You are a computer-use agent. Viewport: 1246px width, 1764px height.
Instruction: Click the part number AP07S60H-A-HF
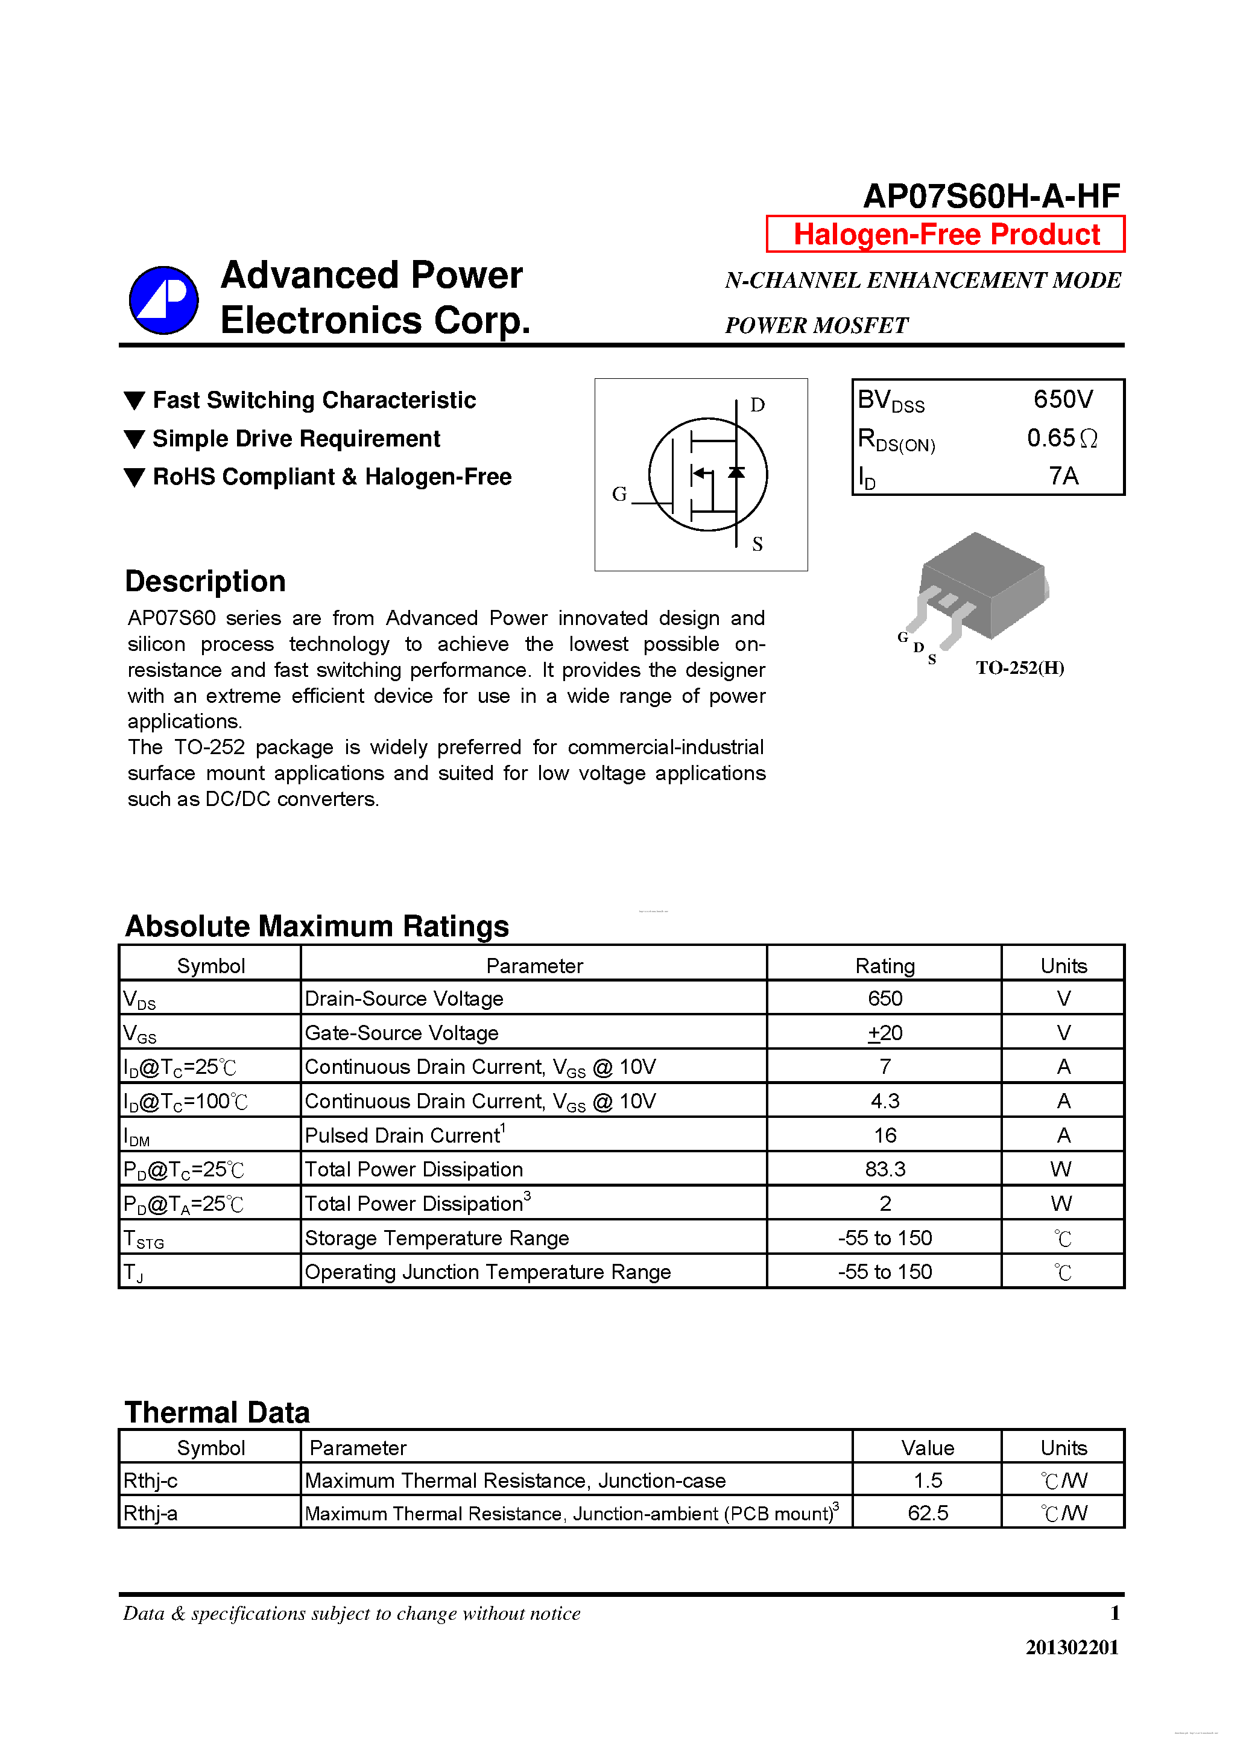991,196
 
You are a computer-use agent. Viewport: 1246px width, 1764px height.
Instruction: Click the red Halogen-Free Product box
946,234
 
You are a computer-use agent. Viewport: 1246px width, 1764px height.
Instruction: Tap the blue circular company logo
163,300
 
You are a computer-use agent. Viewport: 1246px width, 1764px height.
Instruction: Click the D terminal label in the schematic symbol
757,405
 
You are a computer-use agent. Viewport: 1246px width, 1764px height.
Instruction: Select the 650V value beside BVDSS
1063,399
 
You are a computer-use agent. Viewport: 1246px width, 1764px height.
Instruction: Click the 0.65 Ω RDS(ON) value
1061,438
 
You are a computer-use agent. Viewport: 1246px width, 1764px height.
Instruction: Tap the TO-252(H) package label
1019,668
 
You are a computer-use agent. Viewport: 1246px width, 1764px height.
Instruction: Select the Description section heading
205,582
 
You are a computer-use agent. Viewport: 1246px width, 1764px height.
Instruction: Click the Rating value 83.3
885,1169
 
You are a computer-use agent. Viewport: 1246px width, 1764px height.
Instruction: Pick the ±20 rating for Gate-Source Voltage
885,1033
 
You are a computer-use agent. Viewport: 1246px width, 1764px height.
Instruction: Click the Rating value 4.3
885,1101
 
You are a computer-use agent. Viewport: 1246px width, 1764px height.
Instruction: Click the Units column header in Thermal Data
1063,1447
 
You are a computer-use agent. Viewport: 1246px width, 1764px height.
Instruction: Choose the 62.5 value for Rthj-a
927,1513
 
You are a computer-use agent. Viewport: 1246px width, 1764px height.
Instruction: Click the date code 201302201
1072,1647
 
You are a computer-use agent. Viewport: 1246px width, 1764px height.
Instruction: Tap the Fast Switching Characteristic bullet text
314,401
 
